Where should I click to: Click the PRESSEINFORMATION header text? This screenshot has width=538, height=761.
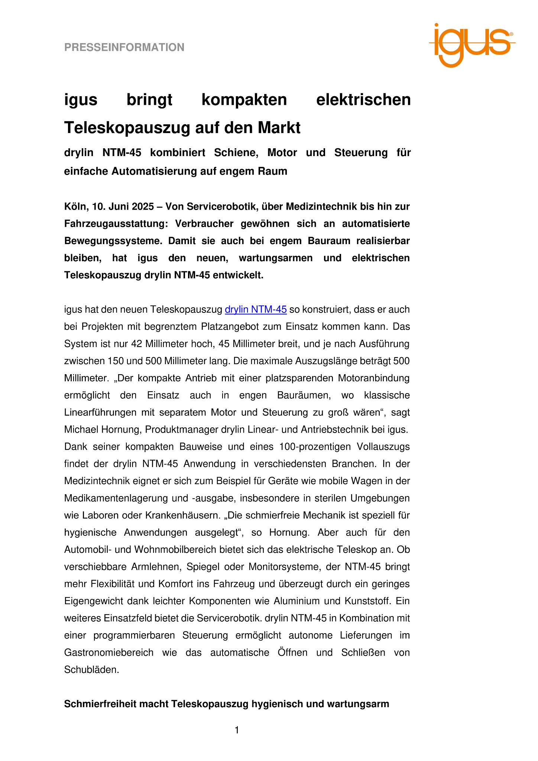[124, 47]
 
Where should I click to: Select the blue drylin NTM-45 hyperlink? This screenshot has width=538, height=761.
[256, 310]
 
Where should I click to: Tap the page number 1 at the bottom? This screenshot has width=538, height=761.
[237, 730]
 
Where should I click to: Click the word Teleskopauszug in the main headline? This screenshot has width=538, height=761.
[128, 128]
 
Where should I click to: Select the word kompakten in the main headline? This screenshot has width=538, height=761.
[244, 100]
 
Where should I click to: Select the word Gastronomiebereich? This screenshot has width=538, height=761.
[109, 652]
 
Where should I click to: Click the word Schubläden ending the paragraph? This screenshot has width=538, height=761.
[91, 670]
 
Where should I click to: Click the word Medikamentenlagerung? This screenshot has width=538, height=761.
[115, 498]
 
